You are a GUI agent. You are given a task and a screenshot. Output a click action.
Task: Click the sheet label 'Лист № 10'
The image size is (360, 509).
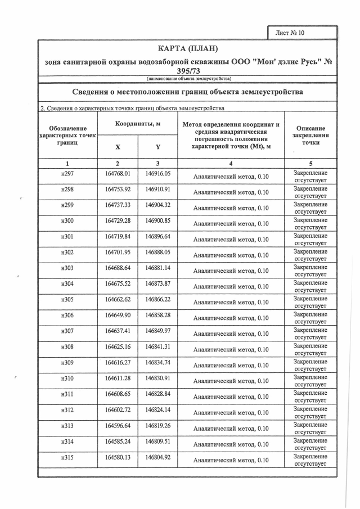290,33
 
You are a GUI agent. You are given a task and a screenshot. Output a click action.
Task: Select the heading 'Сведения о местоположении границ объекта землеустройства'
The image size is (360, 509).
188,92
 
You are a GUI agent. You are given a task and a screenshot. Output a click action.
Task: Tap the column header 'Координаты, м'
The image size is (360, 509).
138,123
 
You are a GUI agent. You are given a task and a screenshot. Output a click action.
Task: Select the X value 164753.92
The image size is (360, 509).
118,190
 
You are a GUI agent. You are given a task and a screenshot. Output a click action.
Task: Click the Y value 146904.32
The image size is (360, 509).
157,206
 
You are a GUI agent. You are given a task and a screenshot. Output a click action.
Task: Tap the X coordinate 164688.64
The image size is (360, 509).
118,269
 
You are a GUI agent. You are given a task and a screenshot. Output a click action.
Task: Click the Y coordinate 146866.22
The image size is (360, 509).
157,300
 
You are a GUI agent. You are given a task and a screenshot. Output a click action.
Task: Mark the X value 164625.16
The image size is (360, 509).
118,348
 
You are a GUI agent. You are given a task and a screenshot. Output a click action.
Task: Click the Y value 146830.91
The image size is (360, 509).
157,379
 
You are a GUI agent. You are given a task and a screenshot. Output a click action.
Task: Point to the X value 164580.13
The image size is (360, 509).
118,458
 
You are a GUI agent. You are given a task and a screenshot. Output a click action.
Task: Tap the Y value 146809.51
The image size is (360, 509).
157,442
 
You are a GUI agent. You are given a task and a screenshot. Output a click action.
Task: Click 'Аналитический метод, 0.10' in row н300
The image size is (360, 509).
231,224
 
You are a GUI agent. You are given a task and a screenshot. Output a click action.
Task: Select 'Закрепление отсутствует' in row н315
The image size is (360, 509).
310,460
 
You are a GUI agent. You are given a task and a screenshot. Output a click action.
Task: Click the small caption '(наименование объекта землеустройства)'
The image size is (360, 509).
188,78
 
